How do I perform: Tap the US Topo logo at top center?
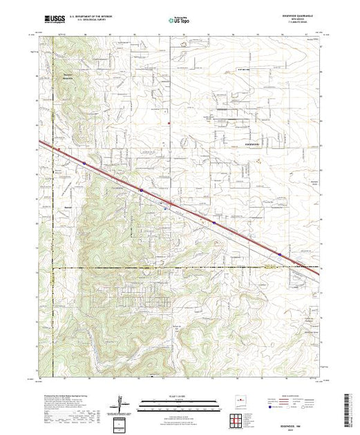coord(175,21)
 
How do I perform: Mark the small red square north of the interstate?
coord(170,123)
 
